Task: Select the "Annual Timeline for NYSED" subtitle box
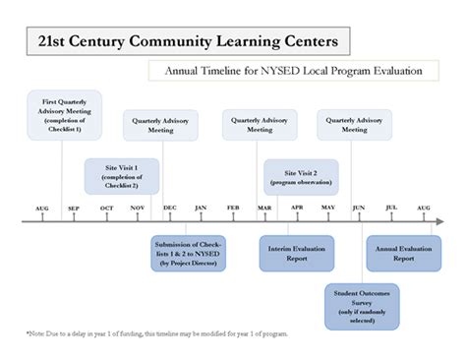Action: point(292,71)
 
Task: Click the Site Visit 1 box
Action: point(121,176)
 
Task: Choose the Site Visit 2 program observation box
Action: point(300,176)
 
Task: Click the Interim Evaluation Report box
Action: point(296,253)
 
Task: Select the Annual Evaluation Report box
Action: point(404,253)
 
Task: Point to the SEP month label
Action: point(73,209)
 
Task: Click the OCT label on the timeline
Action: point(106,209)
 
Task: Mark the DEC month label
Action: point(169,209)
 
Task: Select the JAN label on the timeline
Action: point(201,209)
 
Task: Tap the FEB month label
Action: point(233,209)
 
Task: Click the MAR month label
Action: point(264,209)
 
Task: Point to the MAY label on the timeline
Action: point(327,209)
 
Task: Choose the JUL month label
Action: point(391,209)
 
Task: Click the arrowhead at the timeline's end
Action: point(439,221)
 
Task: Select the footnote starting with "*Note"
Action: point(156,334)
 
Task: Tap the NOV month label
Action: point(138,209)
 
